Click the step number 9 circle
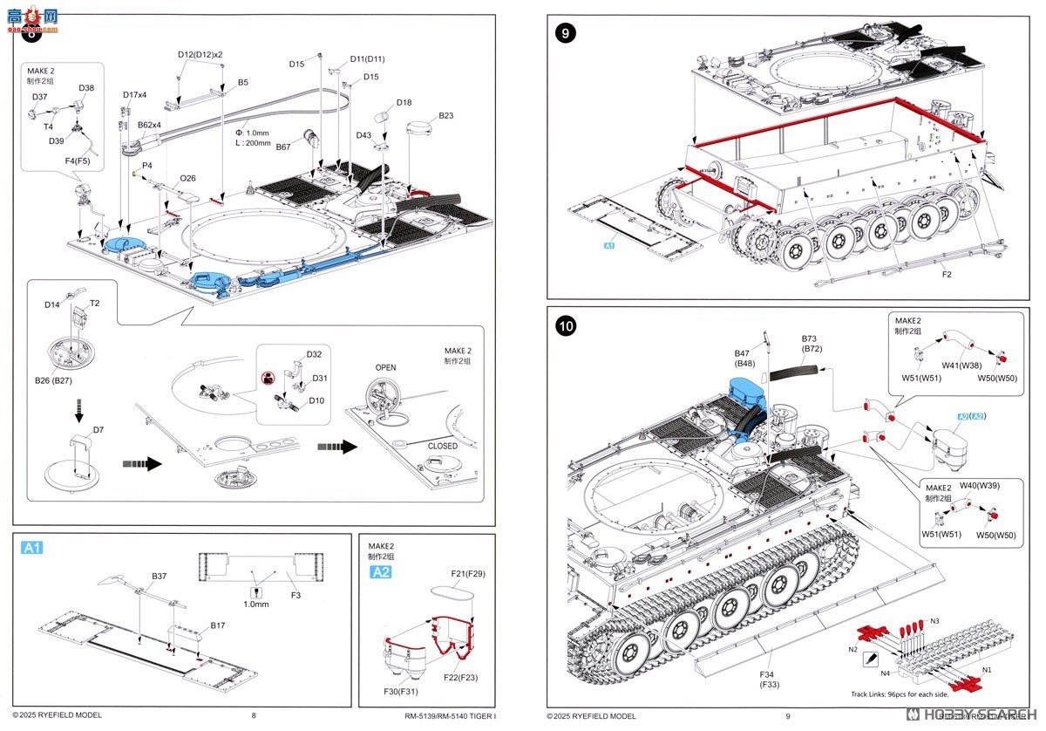point(566,34)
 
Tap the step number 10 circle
point(566,326)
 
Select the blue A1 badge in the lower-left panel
point(32,548)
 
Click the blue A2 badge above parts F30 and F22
point(381,572)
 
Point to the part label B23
point(445,115)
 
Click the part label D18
point(404,102)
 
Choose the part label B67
point(283,147)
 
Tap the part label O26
point(187,178)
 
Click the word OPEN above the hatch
point(385,367)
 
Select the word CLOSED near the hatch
point(442,446)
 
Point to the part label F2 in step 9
point(947,274)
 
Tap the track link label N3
point(934,621)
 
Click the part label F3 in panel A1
point(295,595)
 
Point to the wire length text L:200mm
point(253,142)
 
